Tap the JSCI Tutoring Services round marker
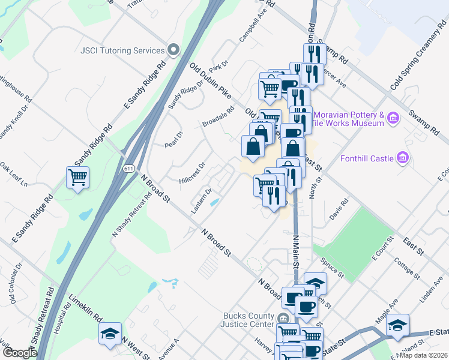(173, 50)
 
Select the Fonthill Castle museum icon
(403, 158)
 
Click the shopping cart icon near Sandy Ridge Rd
(78, 178)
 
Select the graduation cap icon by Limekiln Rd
(110, 333)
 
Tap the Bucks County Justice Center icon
(285, 317)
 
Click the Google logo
(20, 353)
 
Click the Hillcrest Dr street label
(193, 172)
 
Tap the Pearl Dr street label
(173, 139)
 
